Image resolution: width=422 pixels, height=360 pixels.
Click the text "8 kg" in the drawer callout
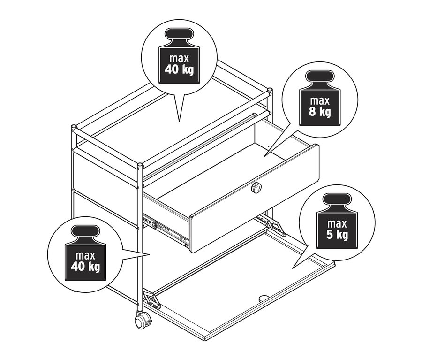320,112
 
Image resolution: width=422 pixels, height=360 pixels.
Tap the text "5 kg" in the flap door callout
337,234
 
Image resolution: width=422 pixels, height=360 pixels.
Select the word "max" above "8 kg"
320,100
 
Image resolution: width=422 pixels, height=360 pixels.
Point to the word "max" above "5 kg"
337,222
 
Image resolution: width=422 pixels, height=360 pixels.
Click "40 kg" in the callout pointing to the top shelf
179,69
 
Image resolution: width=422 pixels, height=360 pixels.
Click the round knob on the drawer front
256,188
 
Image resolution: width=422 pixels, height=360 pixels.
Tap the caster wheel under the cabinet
141,321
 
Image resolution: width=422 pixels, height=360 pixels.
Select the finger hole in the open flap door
263,298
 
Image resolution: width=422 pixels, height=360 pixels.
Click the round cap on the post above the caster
140,165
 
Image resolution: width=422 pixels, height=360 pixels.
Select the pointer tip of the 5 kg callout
293,268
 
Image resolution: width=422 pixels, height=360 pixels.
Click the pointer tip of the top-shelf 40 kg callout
179,121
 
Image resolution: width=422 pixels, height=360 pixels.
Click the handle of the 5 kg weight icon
337,200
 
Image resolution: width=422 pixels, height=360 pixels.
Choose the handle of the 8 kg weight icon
320,77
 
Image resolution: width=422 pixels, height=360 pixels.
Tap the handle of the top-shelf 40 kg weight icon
179,35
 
